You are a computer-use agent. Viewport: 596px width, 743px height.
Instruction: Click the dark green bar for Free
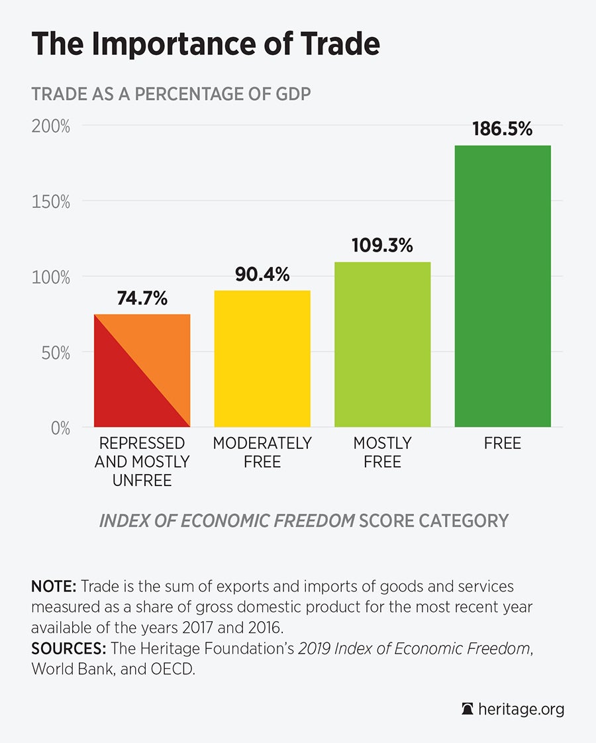pos(503,286)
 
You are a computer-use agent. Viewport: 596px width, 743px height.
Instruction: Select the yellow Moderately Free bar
pos(262,358)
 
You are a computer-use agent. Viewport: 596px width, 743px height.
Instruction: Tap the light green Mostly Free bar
pos(382,344)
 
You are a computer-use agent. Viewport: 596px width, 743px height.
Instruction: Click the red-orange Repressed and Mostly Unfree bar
pos(142,371)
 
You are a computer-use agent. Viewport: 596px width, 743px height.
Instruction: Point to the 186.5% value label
pos(503,128)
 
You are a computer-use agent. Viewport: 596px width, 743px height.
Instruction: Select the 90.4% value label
pos(262,274)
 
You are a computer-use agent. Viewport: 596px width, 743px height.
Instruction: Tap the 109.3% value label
pos(383,246)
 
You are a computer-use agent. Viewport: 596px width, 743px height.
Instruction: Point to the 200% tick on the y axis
pos(51,126)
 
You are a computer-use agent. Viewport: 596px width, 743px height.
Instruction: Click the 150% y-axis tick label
pos(51,201)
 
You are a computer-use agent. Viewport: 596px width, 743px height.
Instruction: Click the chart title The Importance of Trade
pos(205,43)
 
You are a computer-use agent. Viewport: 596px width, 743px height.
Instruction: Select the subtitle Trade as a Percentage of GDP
pos(171,93)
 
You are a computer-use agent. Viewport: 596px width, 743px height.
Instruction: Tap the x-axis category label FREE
pos(503,443)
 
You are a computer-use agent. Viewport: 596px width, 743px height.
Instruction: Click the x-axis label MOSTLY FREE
pos(383,452)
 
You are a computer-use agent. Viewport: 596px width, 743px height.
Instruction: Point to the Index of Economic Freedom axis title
pos(304,520)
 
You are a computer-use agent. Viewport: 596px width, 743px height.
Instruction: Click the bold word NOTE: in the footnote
pos(54,587)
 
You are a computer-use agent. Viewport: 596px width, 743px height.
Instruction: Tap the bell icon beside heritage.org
pos(468,709)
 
